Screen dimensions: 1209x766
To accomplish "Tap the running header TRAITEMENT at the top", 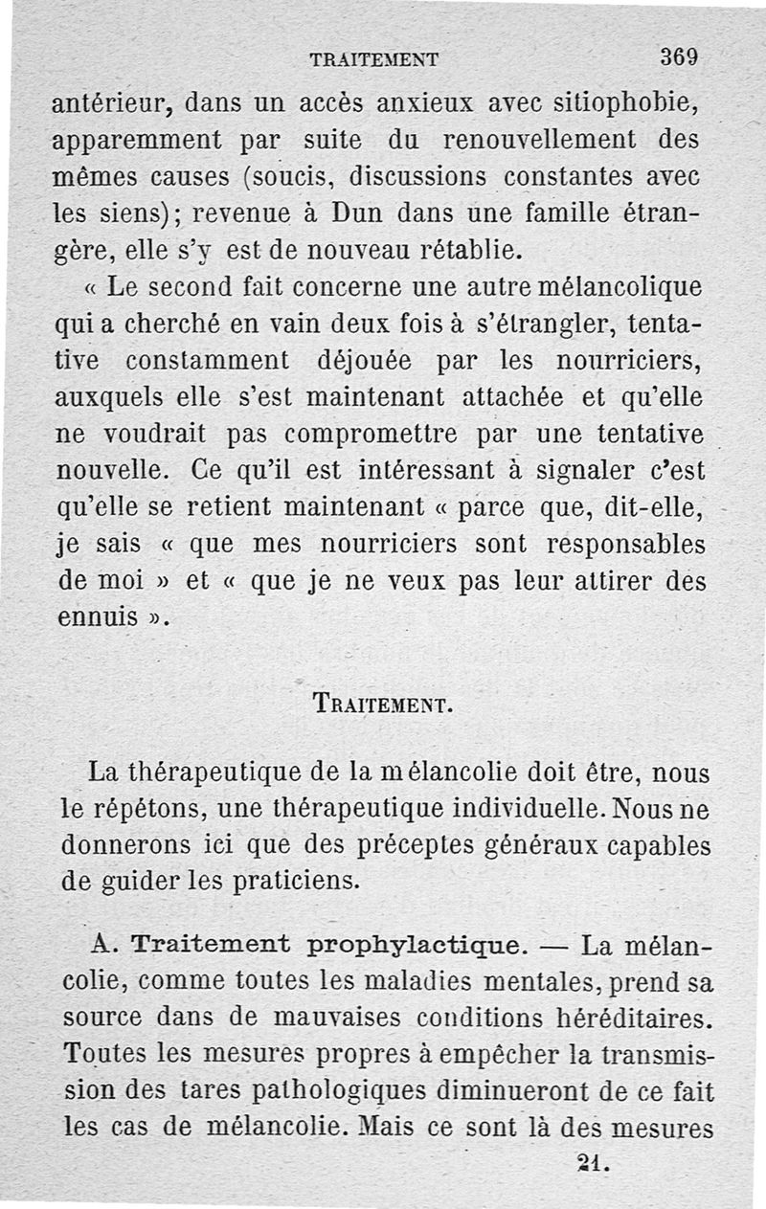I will (x=374, y=59).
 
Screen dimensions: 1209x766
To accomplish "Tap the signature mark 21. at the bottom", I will (x=594, y=1164).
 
